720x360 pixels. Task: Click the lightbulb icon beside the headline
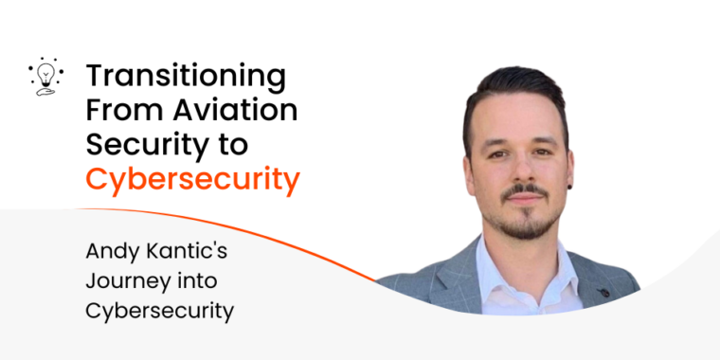coord(45,76)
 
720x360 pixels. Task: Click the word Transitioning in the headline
coord(186,78)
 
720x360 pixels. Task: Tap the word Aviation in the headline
coord(235,110)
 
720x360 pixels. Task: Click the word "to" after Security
coord(235,145)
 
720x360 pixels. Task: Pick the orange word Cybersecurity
coord(193,180)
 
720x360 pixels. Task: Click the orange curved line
coord(228,233)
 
